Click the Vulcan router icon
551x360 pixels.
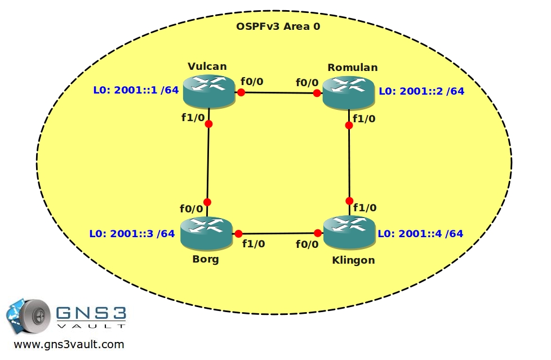pos(208,91)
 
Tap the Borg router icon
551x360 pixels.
pos(207,234)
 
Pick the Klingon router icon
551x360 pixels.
pos(349,233)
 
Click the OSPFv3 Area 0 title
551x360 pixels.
pos(278,26)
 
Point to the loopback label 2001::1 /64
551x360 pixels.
pos(136,90)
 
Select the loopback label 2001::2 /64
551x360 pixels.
pos(421,91)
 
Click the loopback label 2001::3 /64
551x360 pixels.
pos(132,233)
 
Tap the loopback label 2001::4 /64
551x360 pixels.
pos(420,233)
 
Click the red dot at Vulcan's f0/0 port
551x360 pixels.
pos(241,92)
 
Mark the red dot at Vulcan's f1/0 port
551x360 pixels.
pos(208,124)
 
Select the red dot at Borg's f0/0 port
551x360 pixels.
pos(207,202)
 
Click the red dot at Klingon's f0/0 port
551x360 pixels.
pos(318,233)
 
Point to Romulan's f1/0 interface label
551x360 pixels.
pos(364,119)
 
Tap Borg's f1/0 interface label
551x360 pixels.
pos(254,243)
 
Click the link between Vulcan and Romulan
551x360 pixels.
pos(279,93)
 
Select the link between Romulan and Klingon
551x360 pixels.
pos(349,163)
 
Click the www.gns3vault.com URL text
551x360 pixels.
pos(69,345)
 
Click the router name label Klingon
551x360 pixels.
pos(353,260)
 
